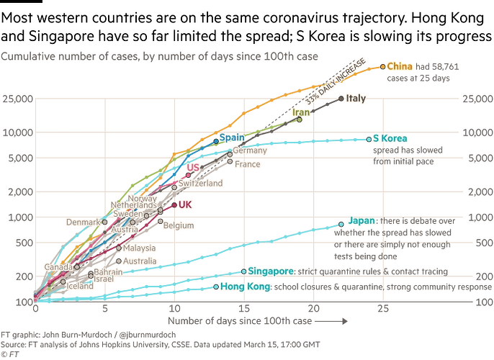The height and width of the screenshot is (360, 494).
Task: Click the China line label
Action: pyautogui.click(x=399, y=66)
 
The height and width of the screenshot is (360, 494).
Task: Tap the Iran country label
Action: pyautogui.click(x=300, y=112)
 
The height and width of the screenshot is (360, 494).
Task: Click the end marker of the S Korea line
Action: pyautogui.click(x=369, y=139)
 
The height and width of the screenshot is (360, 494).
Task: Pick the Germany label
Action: pyautogui.click(x=251, y=151)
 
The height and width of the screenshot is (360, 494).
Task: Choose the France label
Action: pyautogui.click(x=247, y=163)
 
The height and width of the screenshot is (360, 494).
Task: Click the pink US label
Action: pyautogui.click(x=192, y=168)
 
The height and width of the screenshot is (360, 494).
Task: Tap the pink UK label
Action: pyautogui.click(x=186, y=204)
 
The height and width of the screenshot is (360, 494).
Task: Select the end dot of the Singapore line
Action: pyautogui.click(x=243, y=271)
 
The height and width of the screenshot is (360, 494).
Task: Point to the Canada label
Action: pyautogui.click(x=58, y=267)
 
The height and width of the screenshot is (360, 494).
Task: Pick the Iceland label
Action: pyautogui.click(x=79, y=286)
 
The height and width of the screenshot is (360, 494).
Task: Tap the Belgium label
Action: pyautogui.click(x=179, y=226)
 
